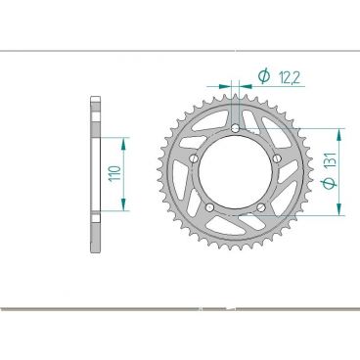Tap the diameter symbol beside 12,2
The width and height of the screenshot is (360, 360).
click(x=263, y=75)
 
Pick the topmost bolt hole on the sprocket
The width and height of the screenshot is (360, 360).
click(x=236, y=128)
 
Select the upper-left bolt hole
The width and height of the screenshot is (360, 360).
click(x=195, y=158)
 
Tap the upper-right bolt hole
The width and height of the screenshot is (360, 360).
click(x=277, y=158)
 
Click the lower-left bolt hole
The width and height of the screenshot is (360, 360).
click(x=210, y=206)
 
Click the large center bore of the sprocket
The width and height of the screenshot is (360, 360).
click(x=236, y=171)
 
